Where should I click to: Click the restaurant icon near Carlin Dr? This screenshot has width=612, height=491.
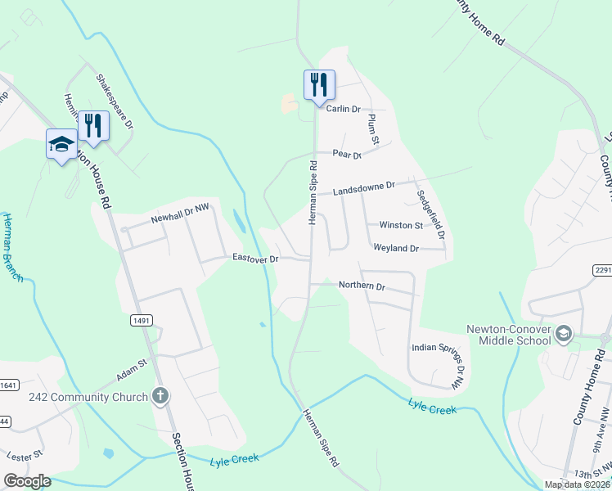(x=319, y=84)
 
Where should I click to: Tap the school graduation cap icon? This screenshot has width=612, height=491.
(x=61, y=144)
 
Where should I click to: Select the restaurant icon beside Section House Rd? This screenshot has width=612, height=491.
(x=93, y=125)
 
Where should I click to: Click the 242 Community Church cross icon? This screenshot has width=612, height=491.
(x=160, y=397)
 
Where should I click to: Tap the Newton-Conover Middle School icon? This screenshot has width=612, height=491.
(x=563, y=334)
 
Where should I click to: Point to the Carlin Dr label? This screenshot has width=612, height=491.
(x=344, y=109)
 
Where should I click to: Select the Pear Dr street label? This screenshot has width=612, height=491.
(x=347, y=154)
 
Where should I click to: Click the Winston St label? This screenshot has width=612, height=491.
(x=400, y=225)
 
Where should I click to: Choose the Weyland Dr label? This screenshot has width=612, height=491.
(x=396, y=247)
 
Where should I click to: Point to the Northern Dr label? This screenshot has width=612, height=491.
(x=362, y=286)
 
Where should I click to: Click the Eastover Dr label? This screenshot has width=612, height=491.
(x=256, y=258)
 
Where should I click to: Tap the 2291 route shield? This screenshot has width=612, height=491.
(x=602, y=270)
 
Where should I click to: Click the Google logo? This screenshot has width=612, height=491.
(x=27, y=480)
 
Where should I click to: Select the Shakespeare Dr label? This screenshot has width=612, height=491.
(x=115, y=101)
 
